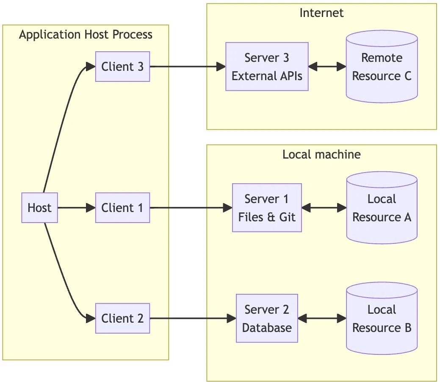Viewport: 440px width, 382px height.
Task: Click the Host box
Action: (x=39, y=208)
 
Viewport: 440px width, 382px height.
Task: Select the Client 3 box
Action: (x=123, y=67)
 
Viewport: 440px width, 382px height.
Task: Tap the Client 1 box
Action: (x=123, y=208)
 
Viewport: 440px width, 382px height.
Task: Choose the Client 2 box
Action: (x=123, y=318)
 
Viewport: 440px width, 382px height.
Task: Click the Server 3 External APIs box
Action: (x=267, y=67)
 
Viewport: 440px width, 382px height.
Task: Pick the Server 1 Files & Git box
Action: (x=267, y=208)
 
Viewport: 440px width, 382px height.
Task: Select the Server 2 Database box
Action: (x=267, y=318)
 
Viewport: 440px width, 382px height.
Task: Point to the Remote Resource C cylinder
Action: (x=382, y=67)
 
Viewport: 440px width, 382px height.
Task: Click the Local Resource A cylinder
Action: (x=382, y=208)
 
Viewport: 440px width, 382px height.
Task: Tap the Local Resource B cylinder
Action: (x=382, y=318)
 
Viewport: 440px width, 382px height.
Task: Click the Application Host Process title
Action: (x=86, y=34)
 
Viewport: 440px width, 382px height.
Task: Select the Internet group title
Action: (x=321, y=13)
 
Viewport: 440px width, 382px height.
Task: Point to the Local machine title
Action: (x=321, y=154)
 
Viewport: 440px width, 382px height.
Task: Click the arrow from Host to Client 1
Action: (x=77, y=208)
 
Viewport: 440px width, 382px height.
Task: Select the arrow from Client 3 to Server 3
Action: (x=188, y=67)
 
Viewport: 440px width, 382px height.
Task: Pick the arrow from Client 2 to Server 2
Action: (x=193, y=318)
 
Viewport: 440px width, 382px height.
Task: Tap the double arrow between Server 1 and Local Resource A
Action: (x=324, y=208)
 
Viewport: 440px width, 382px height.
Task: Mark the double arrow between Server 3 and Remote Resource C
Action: (x=327, y=67)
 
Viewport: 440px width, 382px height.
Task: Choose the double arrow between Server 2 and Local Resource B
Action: (x=322, y=318)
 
